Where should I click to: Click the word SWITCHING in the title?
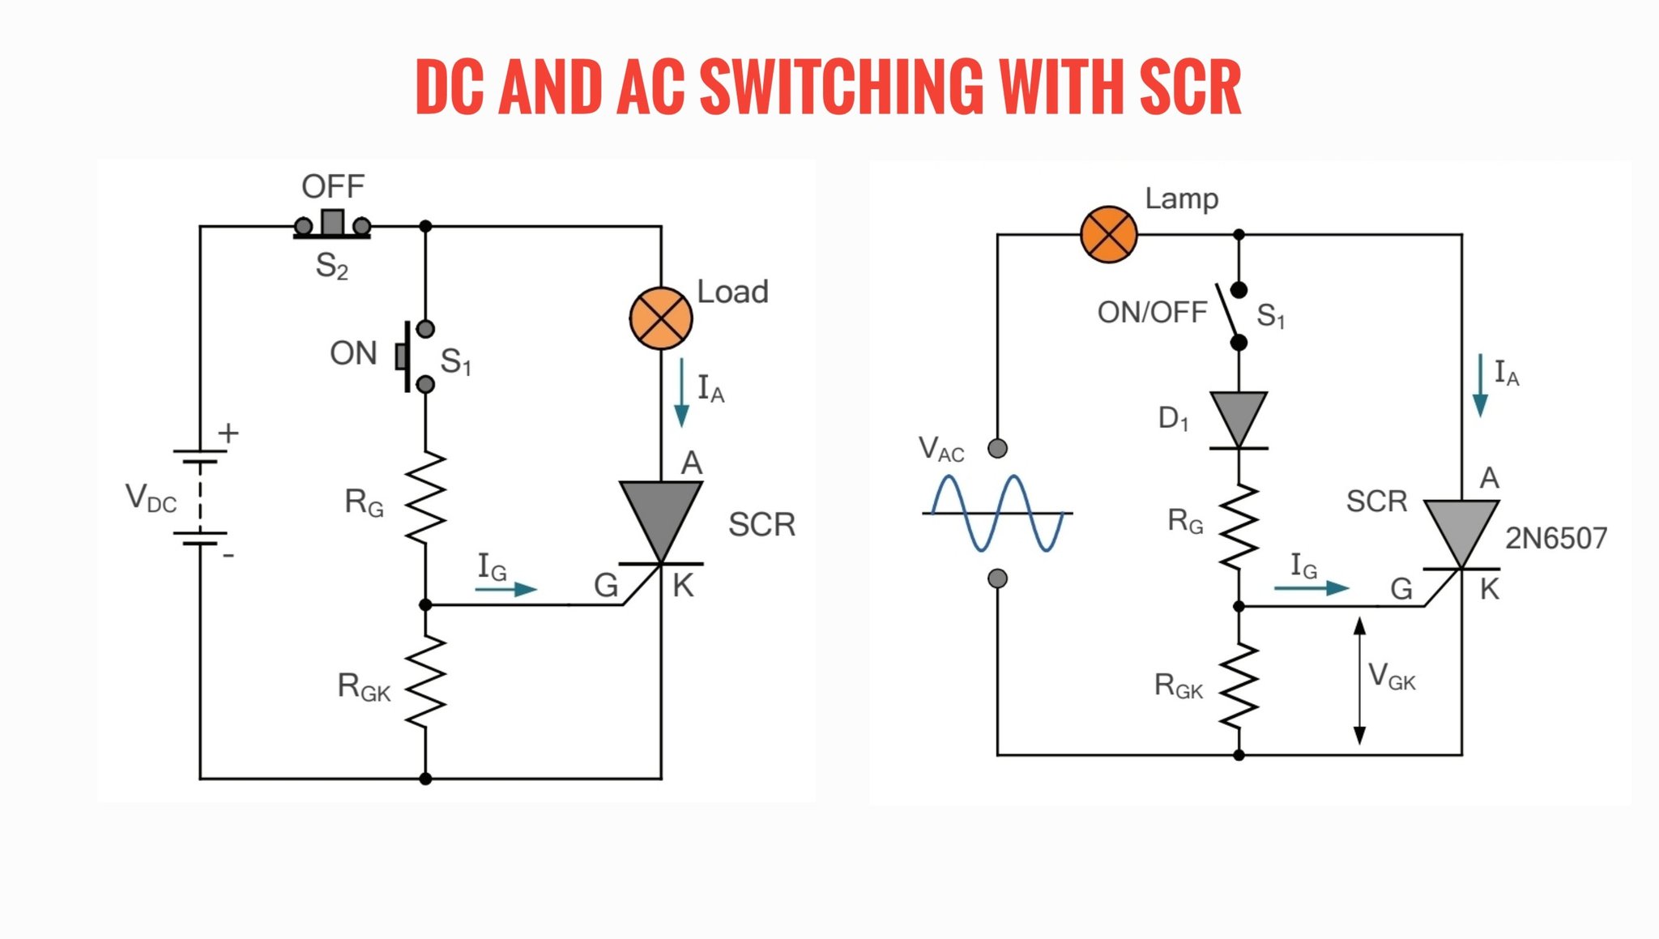pos(842,86)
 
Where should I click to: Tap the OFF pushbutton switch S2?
pos(332,224)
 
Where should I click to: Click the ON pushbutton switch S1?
pos(415,356)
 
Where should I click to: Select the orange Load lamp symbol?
pos(661,318)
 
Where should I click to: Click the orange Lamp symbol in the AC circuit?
pos(1109,235)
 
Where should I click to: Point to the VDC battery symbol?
pos(200,497)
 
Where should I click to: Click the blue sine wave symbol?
pos(997,513)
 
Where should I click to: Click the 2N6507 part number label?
pos(1556,538)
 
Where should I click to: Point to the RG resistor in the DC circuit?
pos(425,497)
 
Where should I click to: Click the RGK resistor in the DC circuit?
pos(425,681)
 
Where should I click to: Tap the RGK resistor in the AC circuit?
pos(1239,686)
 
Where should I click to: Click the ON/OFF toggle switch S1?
pos(1231,316)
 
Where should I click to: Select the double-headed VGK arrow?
pos(1360,681)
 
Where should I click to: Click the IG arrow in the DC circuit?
pos(506,589)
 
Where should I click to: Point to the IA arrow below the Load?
pos(682,392)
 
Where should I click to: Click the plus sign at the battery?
pos(228,433)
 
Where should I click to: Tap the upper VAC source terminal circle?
pos(998,448)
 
